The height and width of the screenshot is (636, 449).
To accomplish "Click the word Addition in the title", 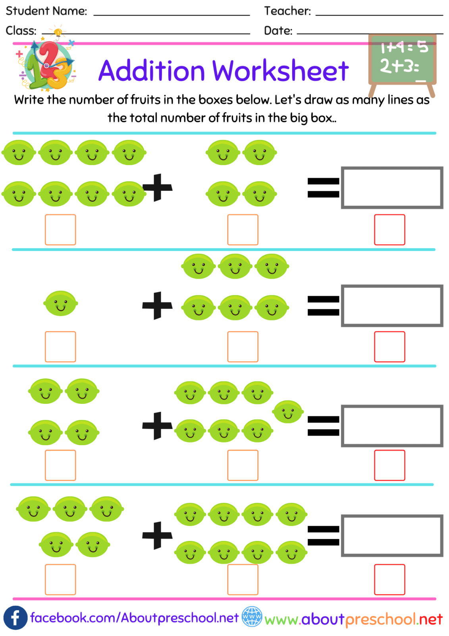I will pyautogui.click(x=151, y=71).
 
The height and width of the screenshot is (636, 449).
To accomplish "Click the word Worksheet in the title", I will pyautogui.click(x=280, y=71).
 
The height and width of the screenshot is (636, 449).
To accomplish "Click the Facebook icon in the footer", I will pyautogui.click(x=15, y=618).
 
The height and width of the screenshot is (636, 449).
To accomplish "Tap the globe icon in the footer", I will pyautogui.click(x=252, y=617).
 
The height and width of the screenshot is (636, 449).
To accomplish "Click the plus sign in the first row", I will pyautogui.click(x=158, y=187).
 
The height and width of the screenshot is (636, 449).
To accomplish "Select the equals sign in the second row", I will pyautogui.click(x=324, y=306).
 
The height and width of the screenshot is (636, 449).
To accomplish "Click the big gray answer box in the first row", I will pyautogui.click(x=392, y=188).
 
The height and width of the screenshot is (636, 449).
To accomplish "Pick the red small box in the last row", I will pyautogui.click(x=389, y=580).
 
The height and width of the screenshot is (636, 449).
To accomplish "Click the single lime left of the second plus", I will pyautogui.click(x=60, y=304).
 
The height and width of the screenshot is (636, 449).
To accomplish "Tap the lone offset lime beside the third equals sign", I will pyautogui.click(x=288, y=411).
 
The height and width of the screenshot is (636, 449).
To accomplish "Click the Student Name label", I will pyautogui.click(x=46, y=11).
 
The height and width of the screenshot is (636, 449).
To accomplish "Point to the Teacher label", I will pyautogui.click(x=287, y=11).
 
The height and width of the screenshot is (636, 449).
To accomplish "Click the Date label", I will pyautogui.click(x=278, y=31).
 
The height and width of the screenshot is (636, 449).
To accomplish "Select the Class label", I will pyautogui.click(x=21, y=31).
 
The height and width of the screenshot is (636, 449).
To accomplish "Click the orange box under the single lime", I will pyautogui.click(x=60, y=347).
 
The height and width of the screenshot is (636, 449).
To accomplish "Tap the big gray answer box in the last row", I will pyautogui.click(x=392, y=535).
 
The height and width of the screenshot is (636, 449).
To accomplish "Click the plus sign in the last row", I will pyautogui.click(x=158, y=535).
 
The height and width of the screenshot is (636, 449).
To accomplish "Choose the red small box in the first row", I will pyautogui.click(x=389, y=230).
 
